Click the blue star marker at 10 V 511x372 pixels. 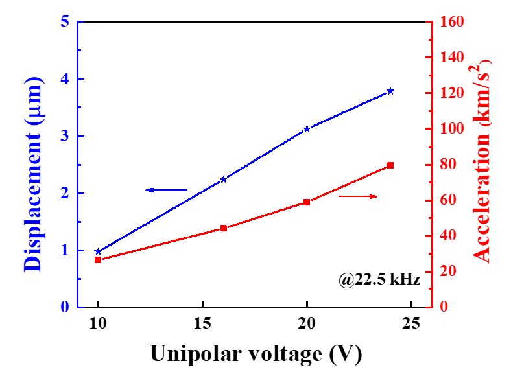(x=98, y=251)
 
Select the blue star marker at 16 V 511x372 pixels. (x=224, y=179)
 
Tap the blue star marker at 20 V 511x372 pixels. (x=307, y=129)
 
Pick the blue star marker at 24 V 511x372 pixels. (x=390, y=91)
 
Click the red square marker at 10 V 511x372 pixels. (x=98, y=260)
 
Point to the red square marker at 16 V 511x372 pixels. (x=224, y=228)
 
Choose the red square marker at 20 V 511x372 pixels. (x=307, y=202)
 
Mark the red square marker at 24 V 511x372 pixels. (x=390, y=165)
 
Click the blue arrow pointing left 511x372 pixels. (x=166, y=190)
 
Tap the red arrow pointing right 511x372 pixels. (x=358, y=196)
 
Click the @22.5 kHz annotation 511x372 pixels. (x=379, y=280)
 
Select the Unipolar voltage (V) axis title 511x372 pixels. (x=255, y=354)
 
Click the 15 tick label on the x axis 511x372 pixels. (x=202, y=323)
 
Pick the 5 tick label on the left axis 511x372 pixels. (x=64, y=21)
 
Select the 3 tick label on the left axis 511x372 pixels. (x=64, y=136)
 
